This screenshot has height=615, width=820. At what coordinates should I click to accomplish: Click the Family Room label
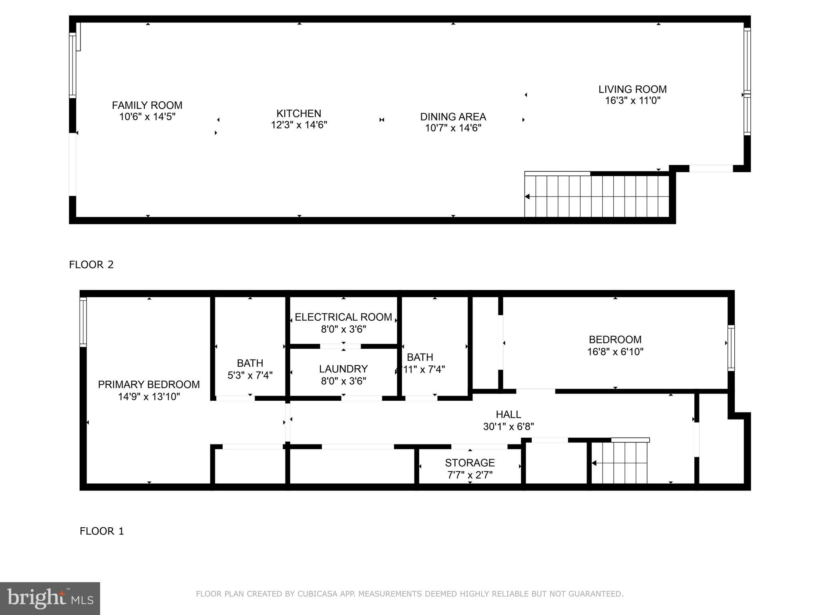tap(147, 105)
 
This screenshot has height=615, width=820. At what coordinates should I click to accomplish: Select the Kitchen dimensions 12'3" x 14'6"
tap(299, 125)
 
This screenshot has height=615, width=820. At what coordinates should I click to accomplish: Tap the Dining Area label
tap(453, 117)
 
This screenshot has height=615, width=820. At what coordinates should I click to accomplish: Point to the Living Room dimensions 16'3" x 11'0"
tap(632, 100)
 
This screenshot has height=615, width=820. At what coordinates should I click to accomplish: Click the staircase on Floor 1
tap(619, 463)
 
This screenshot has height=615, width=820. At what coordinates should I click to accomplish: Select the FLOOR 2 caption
tap(91, 265)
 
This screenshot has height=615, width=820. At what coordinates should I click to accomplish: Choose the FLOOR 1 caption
tap(102, 531)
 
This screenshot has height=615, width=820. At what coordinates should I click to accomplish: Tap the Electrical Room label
tap(343, 317)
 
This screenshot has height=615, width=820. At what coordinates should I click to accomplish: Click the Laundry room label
tap(343, 369)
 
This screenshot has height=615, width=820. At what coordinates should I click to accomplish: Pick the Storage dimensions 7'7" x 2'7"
tap(470, 475)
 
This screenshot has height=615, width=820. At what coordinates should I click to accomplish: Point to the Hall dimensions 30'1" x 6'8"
tap(508, 427)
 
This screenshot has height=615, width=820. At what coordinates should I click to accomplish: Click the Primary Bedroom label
tap(149, 384)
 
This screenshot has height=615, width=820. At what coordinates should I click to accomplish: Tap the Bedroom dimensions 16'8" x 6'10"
tap(615, 352)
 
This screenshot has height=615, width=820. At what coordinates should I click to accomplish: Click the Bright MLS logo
tap(50, 599)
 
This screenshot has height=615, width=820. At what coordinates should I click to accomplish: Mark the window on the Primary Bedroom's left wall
tap(83, 322)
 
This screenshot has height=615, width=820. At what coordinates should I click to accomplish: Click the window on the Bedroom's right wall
tap(731, 348)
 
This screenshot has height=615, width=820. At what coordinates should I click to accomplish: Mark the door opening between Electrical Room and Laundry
tap(340, 346)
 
